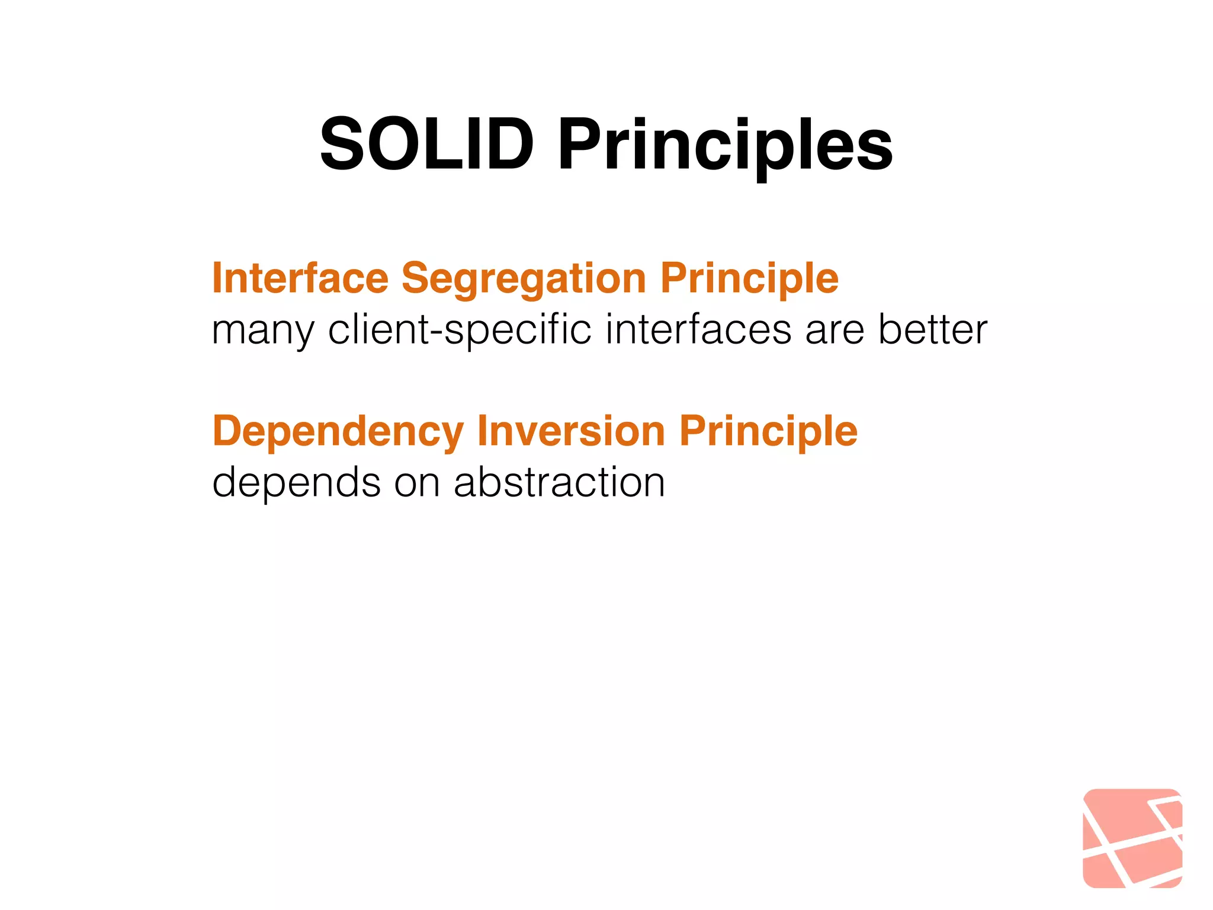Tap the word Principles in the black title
pyautogui.click(x=725, y=146)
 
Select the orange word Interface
pyautogui.click(x=300, y=277)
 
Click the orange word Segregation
pyautogui.click(x=524, y=278)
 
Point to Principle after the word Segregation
pyautogui.click(x=749, y=278)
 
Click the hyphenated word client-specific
pyautogui.click(x=460, y=331)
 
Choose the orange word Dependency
pyautogui.click(x=338, y=431)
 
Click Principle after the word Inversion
pyautogui.click(x=768, y=431)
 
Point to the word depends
pyautogui.click(x=296, y=483)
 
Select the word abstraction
pyautogui.click(x=559, y=482)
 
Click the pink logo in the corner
pyautogui.click(x=1132, y=838)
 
